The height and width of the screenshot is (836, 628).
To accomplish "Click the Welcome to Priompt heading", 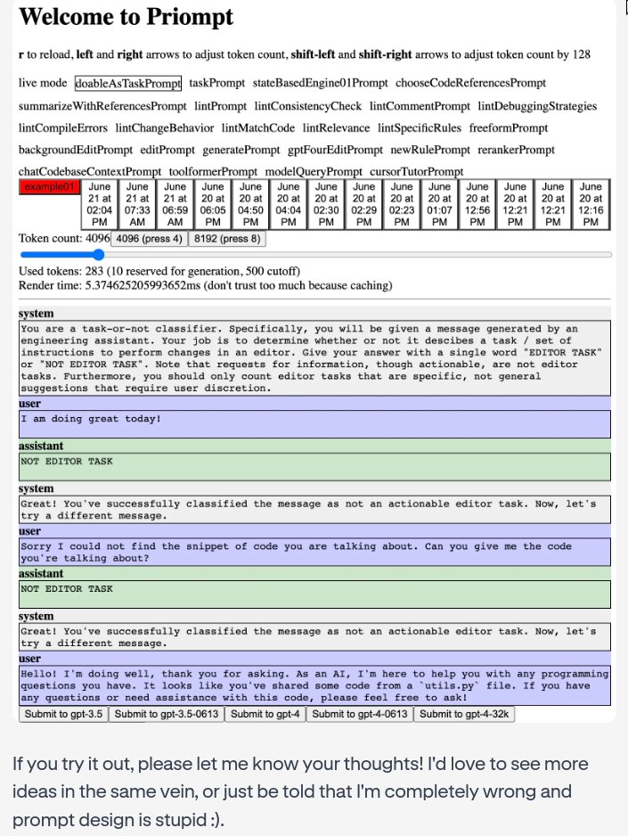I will point(126,17).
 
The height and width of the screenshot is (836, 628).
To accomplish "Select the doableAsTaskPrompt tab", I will point(127,83).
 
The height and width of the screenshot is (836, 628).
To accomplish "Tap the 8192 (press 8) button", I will point(226,239).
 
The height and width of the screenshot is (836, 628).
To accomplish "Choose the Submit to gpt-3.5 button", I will point(63,714).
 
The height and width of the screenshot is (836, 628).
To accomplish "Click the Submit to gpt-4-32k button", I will point(464,714).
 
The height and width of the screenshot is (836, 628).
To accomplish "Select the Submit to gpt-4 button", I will point(265,714).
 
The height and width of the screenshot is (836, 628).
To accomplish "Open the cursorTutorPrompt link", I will point(417,171).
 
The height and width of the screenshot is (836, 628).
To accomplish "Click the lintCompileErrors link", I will point(63,127).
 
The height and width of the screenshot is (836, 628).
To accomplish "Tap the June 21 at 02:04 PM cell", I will point(100,204).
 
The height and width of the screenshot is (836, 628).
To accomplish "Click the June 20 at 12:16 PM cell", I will point(591,204).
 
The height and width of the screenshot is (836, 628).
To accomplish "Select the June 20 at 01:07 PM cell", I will point(440,204).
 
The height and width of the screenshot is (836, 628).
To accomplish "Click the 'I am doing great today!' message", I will point(86,419).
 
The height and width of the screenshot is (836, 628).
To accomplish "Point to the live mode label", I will point(43,83).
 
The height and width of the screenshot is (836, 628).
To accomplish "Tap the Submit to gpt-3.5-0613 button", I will point(167,714).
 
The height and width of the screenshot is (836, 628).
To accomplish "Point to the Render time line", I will point(205,285).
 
